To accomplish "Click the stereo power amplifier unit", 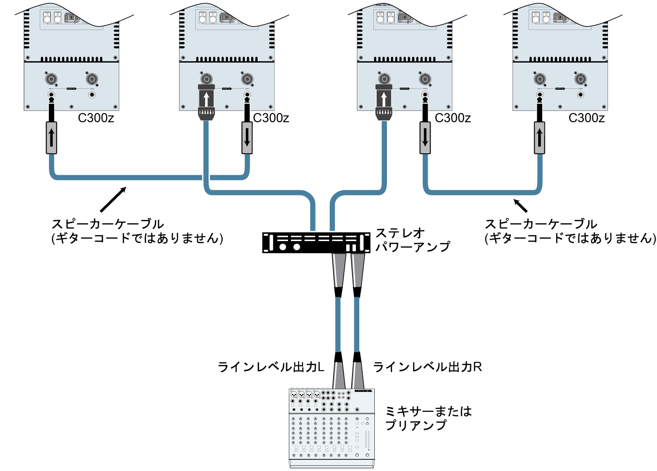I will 316,243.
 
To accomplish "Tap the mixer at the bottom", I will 332,427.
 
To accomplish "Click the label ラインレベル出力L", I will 271,367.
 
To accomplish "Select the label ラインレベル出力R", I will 427,367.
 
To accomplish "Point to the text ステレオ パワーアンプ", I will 413,240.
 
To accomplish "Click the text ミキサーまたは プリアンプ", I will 428,418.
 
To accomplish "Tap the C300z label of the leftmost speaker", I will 96,118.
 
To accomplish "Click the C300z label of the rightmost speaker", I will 586,118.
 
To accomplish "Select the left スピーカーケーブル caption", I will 137,231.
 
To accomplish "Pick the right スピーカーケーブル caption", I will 570,231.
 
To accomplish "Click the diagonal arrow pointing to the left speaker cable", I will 113,199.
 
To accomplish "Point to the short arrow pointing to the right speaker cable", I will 520,205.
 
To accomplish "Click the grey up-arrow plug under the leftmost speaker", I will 51,138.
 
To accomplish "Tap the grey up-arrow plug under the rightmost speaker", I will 539,138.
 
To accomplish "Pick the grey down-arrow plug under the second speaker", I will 247,138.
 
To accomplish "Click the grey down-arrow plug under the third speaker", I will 425,138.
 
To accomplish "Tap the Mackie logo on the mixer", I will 363,391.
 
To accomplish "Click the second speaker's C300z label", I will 271,118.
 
